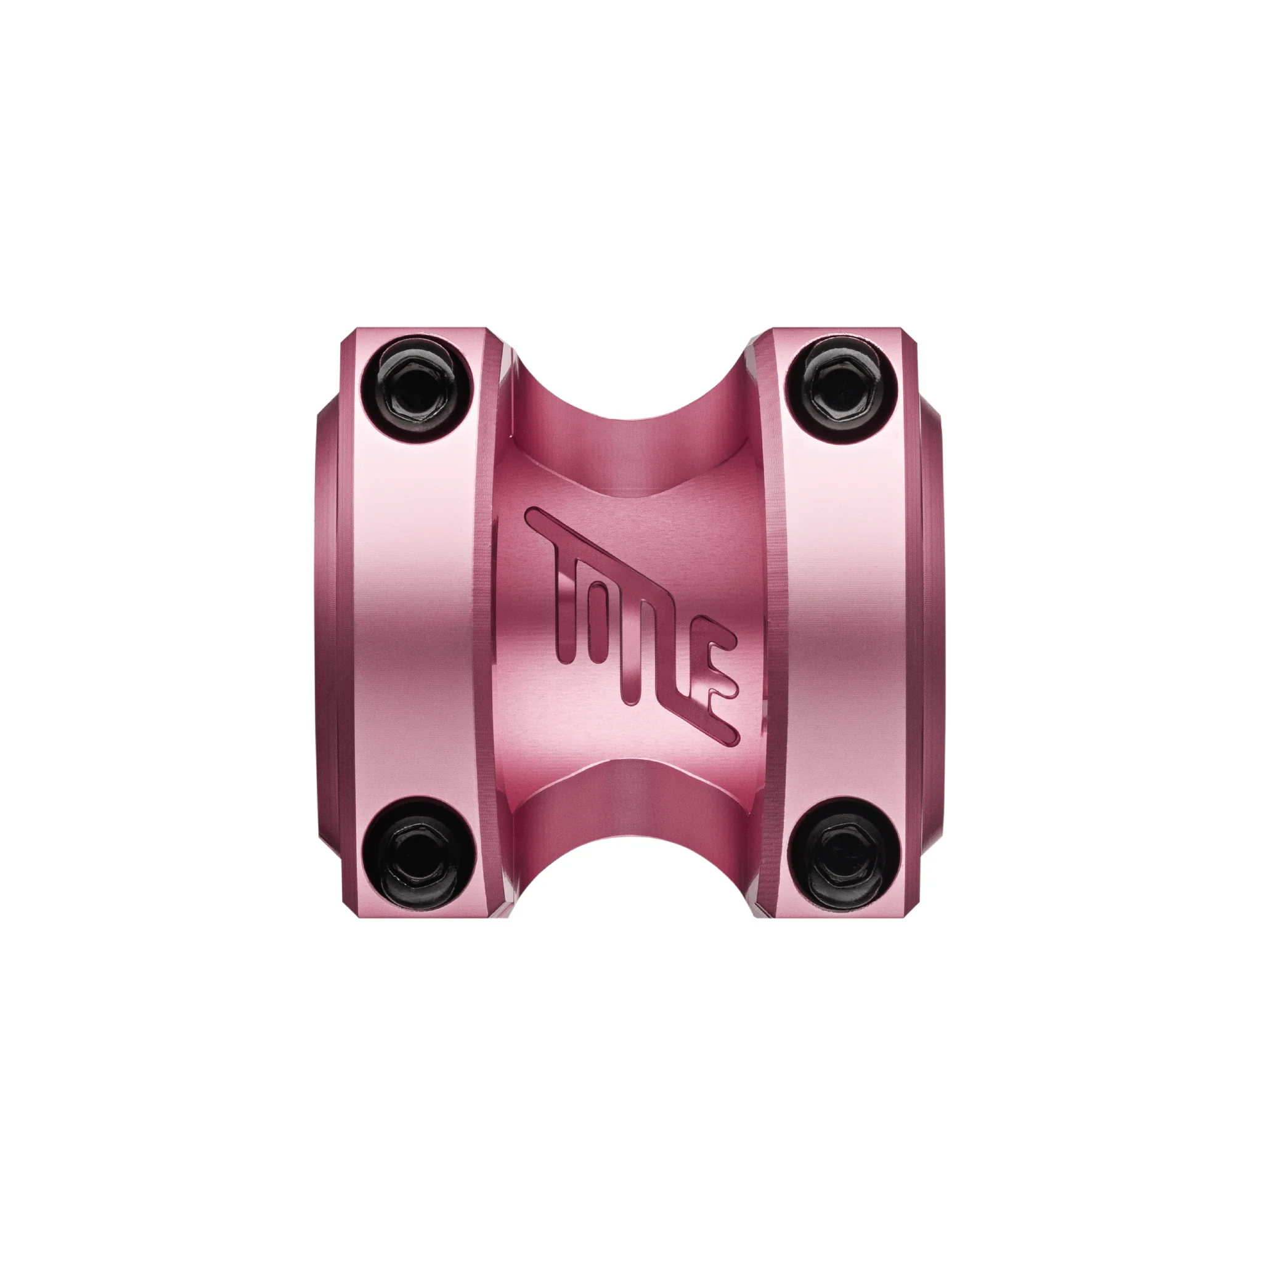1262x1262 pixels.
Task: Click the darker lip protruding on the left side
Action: pyautogui.click(x=327, y=621)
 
